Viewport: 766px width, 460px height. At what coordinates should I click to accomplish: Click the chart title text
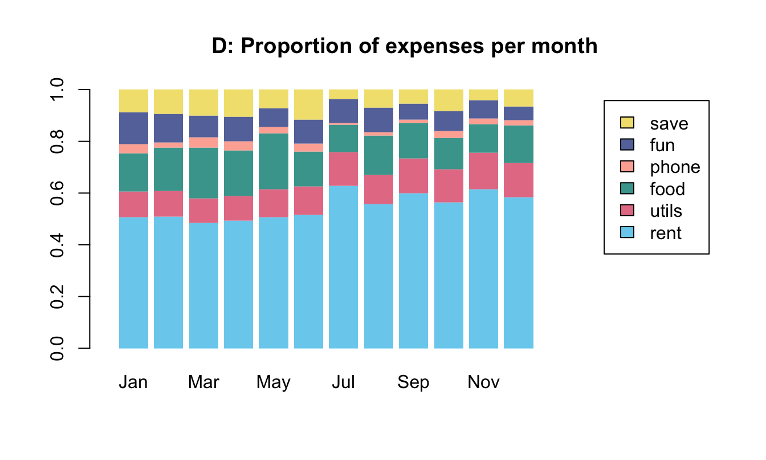click(404, 47)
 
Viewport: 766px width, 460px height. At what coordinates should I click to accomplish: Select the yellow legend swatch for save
click(627, 123)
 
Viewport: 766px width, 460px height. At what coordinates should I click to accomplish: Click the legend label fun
click(662, 145)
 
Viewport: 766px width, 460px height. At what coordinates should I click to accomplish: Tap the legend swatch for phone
click(627, 167)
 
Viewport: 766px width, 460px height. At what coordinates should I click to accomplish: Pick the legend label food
click(667, 189)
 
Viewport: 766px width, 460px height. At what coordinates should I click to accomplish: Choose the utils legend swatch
click(627, 211)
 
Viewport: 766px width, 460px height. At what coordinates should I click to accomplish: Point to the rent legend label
click(665, 233)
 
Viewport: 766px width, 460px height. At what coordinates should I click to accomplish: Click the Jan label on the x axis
click(133, 382)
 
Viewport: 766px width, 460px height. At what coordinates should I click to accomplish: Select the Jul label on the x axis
click(343, 382)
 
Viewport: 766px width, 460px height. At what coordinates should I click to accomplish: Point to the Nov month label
click(483, 382)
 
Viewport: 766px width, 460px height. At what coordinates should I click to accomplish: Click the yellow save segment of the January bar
click(133, 100)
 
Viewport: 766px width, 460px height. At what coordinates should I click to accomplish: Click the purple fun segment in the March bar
click(203, 126)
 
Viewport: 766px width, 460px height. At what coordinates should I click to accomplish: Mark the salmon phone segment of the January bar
click(133, 149)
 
